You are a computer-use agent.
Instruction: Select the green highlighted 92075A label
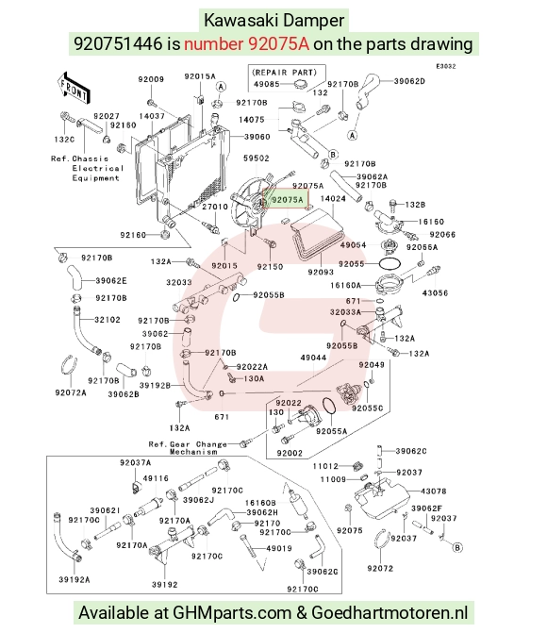(x=286, y=200)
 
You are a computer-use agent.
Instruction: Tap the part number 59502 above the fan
(x=256, y=158)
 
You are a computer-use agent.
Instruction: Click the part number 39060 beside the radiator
(x=257, y=137)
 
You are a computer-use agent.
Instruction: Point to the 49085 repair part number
(x=267, y=84)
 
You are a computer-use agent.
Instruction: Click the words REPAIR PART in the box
(x=285, y=73)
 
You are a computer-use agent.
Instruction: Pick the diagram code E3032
(x=446, y=66)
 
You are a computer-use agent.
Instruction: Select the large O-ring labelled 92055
(x=390, y=263)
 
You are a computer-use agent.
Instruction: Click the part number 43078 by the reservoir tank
(x=434, y=491)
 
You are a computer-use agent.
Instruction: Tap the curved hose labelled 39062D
(x=368, y=92)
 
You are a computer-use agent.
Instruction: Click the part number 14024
(x=333, y=199)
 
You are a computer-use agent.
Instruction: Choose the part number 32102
(x=108, y=320)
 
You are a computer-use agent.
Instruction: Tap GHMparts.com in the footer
(x=232, y=613)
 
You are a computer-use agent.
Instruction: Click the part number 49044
(x=313, y=358)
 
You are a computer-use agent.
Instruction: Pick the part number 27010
(x=215, y=207)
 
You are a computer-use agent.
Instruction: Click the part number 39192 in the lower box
(x=165, y=585)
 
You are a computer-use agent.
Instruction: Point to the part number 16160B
(x=260, y=503)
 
